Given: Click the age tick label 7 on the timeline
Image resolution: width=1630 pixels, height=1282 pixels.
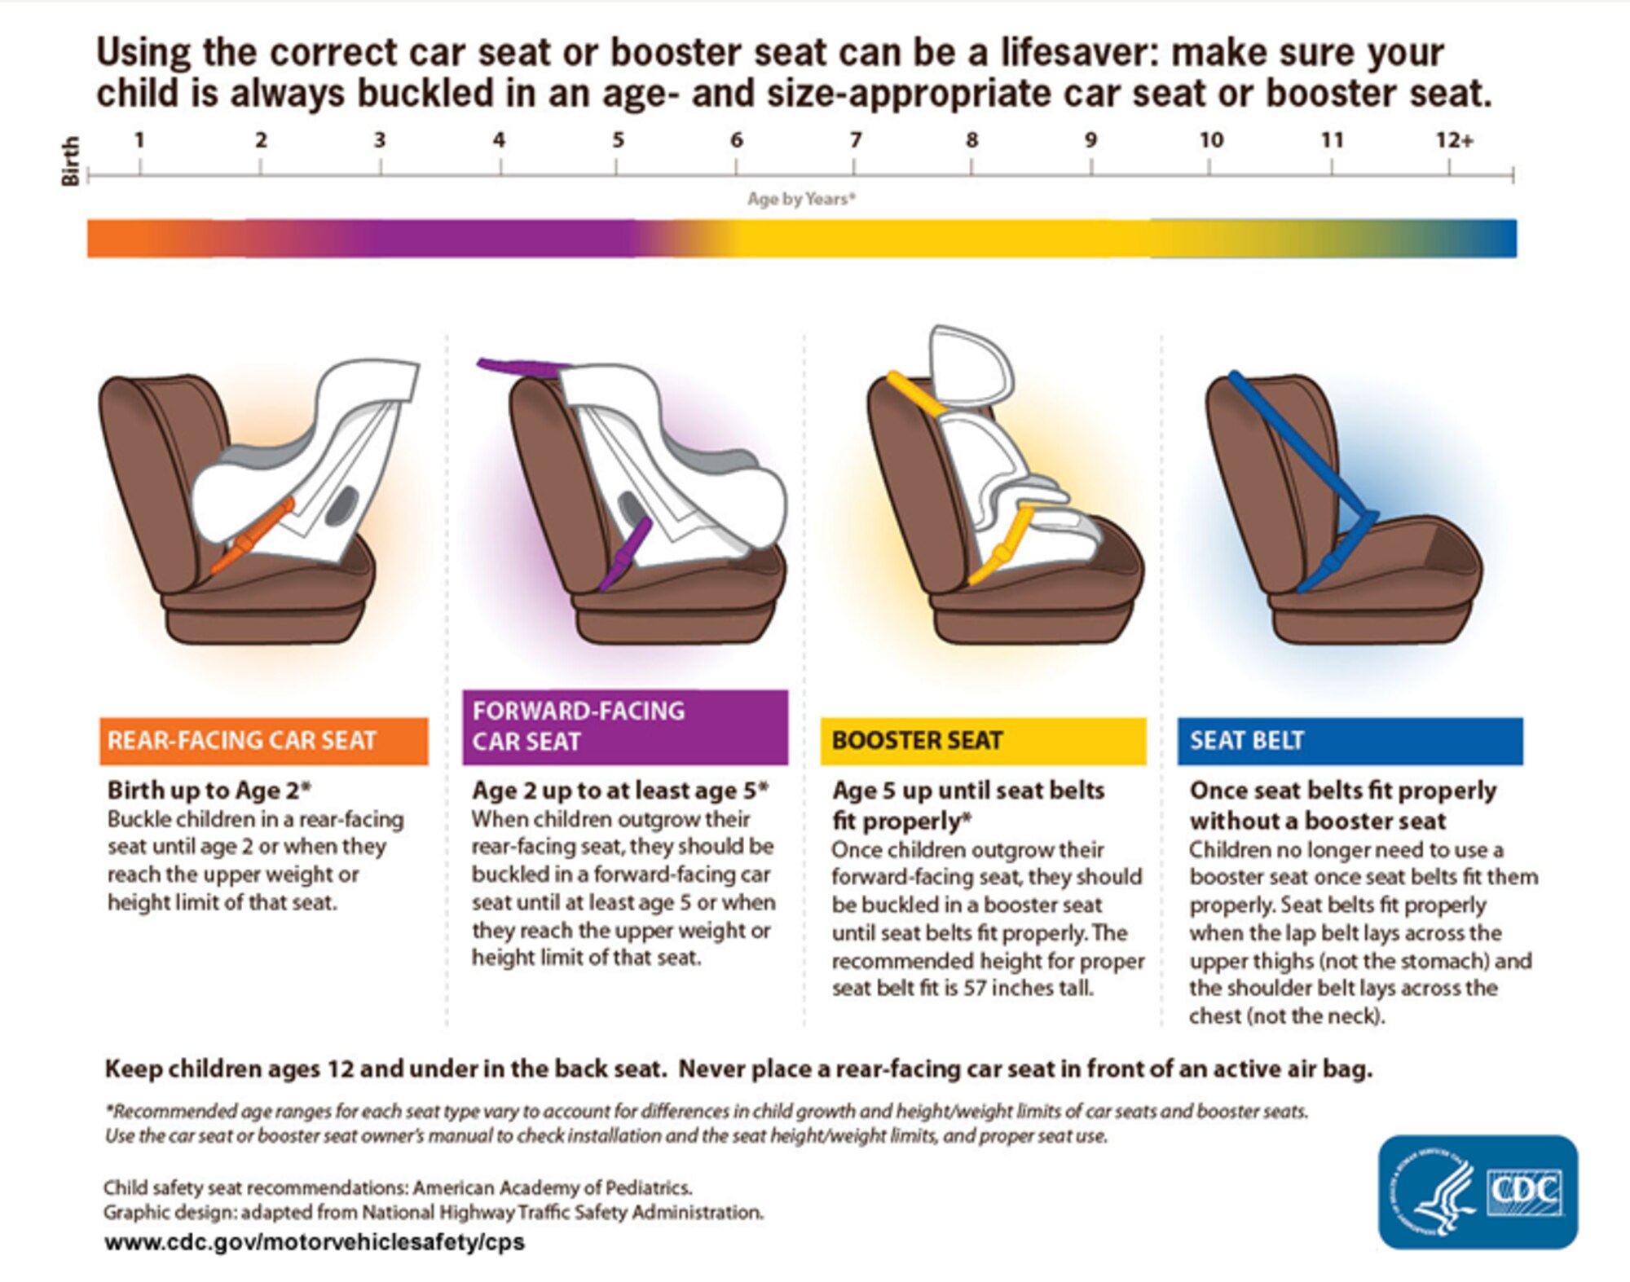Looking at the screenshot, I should (856, 140).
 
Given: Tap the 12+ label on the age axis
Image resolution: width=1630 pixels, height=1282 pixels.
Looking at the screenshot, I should (1455, 140).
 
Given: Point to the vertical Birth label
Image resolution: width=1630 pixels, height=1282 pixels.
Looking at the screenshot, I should (71, 161).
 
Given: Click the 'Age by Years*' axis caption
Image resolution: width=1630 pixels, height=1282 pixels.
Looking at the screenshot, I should (801, 199).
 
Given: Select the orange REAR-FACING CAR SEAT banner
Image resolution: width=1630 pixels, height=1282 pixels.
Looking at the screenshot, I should (263, 741).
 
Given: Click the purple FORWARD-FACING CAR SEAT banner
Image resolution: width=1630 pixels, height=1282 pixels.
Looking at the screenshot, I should (625, 727).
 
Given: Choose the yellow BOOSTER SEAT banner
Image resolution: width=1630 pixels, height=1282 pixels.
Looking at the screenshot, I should (983, 741).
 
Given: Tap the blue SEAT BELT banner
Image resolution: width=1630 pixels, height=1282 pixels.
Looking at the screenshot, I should (1350, 741).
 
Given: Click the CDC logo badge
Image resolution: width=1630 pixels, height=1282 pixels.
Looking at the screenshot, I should (1478, 1192).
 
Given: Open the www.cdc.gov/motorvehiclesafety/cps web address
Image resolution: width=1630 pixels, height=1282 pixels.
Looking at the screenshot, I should (315, 1242).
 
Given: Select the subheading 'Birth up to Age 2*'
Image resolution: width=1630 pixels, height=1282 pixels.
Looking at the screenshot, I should (209, 790).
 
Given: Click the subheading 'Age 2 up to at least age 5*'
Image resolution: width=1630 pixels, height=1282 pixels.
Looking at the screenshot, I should (619, 790).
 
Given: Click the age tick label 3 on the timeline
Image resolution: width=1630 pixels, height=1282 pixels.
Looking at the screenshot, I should (380, 140).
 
